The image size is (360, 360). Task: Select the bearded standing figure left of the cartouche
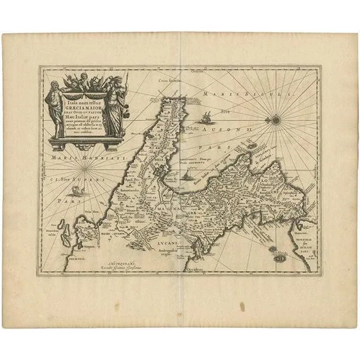point(55,107)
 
